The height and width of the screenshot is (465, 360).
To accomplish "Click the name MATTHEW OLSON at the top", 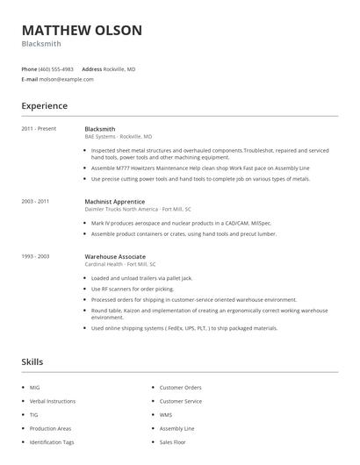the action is (x=82, y=31).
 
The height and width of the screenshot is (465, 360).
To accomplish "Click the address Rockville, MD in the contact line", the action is (x=120, y=68).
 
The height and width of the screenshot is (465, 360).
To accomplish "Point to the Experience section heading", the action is (x=44, y=106).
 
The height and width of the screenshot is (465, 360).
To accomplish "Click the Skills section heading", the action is (x=32, y=361).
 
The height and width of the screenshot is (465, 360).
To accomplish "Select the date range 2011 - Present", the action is (x=39, y=129).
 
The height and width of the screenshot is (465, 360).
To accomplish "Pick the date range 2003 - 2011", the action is (x=35, y=201).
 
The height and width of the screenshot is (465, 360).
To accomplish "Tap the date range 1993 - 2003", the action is (x=35, y=256).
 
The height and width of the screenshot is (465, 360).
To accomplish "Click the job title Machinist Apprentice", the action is (x=114, y=201).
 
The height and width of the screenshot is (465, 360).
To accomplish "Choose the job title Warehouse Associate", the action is (x=114, y=256).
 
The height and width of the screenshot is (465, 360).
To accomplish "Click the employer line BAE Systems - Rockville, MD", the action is (x=118, y=137).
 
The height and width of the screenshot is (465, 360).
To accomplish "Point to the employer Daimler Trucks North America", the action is (x=121, y=209).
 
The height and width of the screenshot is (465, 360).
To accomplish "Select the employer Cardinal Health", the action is (x=104, y=264).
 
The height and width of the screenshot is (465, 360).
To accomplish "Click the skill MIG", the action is (x=34, y=387).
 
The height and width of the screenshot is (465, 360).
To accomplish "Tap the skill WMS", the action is (x=165, y=414).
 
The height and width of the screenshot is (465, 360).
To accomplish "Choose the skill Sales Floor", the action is (x=172, y=442).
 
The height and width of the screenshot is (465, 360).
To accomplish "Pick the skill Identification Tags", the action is (x=52, y=442).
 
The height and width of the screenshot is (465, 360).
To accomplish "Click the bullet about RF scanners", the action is (x=133, y=289).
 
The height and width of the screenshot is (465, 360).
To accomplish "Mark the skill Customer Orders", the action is (x=180, y=387).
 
